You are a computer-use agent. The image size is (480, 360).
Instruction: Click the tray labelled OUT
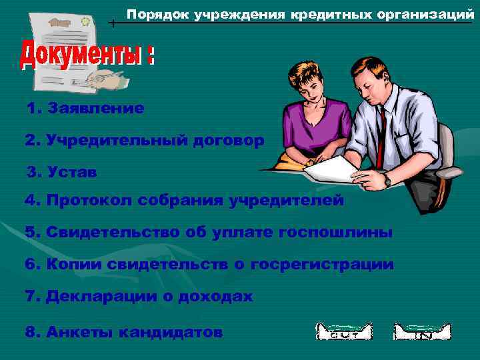[343, 331]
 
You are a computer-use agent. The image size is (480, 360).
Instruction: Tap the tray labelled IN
[421, 331]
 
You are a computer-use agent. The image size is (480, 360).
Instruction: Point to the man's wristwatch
[387, 180]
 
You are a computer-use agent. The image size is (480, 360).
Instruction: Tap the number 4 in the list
[29, 200]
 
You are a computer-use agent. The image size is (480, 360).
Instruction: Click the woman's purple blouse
[313, 123]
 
